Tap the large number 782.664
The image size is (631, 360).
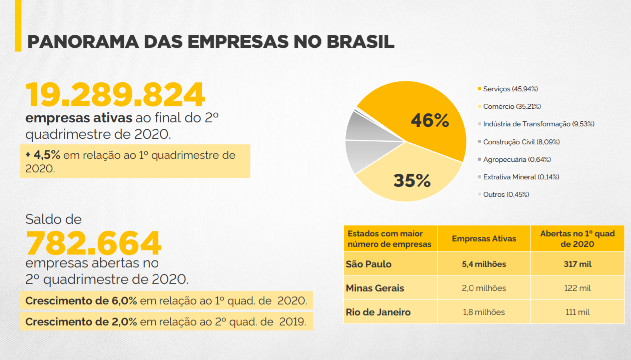pyautogui.click(x=94, y=243)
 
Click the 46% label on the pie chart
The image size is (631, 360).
pyautogui.click(x=430, y=121)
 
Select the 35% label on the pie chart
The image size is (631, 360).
pyautogui.click(x=412, y=180)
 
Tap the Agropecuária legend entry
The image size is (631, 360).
pyautogui.click(x=517, y=159)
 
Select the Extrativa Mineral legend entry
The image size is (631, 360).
pyautogui.click(x=521, y=177)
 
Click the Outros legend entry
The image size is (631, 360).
pyautogui.click(x=506, y=194)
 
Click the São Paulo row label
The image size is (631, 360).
pyautogui.click(x=369, y=264)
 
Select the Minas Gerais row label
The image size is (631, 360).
pyautogui.click(x=375, y=288)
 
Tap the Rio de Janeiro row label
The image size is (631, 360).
pyautogui.click(x=378, y=312)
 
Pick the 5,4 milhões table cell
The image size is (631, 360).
pyautogui.click(x=483, y=264)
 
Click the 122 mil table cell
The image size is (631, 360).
pyautogui.click(x=578, y=288)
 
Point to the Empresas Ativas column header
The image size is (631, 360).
pyautogui.click(x=484, y=239)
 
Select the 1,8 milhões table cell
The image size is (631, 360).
pyautogui.click(x=483, y=312)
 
